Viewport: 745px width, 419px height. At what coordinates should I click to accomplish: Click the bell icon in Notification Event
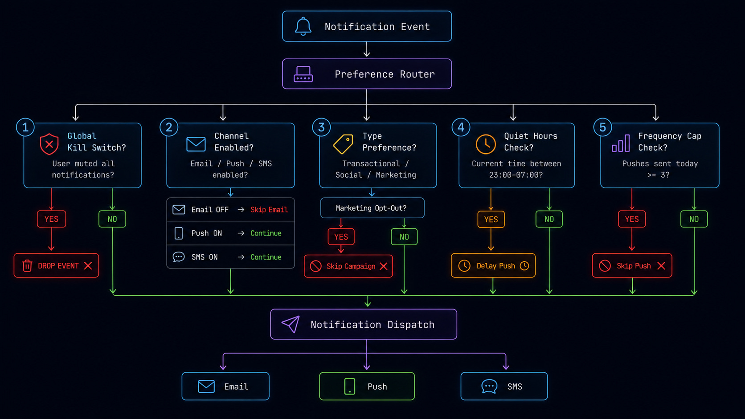[303, 26]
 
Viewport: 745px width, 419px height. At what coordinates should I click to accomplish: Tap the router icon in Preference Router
[303, 74]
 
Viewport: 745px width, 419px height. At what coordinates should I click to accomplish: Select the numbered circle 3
[321, 127]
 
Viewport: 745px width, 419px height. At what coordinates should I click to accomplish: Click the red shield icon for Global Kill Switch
[49, 144]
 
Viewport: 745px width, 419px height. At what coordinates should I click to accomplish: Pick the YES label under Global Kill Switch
[52, 219]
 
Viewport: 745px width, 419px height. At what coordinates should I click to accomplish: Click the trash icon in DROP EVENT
[27, 265]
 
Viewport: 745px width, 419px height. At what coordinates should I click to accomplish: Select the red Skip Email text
[269, 210]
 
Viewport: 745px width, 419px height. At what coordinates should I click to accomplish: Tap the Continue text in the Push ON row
[266, 233]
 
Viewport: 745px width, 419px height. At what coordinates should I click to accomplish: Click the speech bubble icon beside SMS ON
[179, 257]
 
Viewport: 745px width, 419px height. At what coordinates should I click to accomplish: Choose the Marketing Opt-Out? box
[372, 208]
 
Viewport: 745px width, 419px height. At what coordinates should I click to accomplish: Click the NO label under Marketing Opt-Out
[404, 237]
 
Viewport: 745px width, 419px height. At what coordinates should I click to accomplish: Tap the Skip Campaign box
[348, 266]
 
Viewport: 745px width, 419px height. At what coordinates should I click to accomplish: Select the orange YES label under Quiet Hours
[491, 220]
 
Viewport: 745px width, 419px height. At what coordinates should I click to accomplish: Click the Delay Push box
[493, 265]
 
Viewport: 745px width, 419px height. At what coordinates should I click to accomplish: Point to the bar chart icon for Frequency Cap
[621, 143]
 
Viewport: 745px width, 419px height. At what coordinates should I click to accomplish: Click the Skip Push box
[632, 265]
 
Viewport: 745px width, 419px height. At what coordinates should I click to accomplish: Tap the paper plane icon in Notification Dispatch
[291, 324]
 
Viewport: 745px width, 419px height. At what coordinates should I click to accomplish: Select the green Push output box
[367, 386]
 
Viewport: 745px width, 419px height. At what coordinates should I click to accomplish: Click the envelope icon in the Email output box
[206, 386]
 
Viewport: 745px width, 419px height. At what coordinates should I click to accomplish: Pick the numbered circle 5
[603, 127]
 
